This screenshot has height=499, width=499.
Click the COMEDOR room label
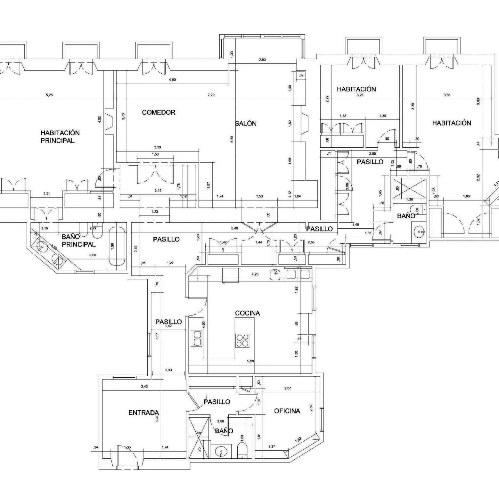coord(159,112)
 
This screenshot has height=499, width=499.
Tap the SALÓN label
coord(246,123)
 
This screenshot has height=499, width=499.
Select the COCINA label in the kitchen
coord(247,313)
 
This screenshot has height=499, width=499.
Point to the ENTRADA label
coord(144,413)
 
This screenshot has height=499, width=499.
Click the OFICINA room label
coord(287,411)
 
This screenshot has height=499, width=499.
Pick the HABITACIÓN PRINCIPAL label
coord(60,137)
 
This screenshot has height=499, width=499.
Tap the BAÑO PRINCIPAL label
coord(78,241)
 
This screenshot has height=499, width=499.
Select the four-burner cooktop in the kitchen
coord(242,341)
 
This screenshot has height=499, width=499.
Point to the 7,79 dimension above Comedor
coord(211,95)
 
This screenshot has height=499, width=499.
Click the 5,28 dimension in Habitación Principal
coord(49,95)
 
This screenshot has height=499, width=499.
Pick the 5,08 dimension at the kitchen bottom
coord(250,361)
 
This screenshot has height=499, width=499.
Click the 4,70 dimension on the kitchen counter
coord(255,274)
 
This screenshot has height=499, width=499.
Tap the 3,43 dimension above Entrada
coord(144,387)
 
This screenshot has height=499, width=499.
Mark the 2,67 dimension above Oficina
coord(288,388)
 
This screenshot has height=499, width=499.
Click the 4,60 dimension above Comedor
coord(172,80)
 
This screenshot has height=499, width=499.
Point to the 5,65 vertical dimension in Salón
coord(232,139)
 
